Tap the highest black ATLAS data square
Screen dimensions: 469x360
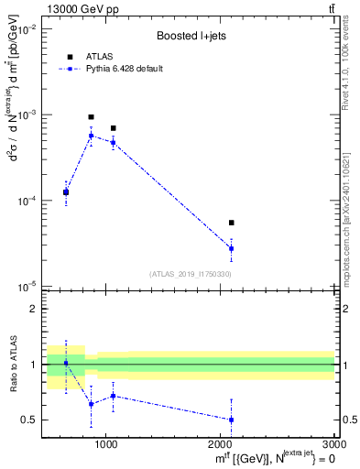(x=91, y=117)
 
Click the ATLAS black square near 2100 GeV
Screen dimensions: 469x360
(x=232, y=223)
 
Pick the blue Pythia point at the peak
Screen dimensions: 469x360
(x=91, y=136)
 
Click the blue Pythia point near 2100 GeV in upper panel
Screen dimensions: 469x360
(x=232, y=248)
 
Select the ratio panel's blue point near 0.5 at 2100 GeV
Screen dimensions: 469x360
(x=232, y=420)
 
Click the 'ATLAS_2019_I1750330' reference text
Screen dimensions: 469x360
(x=191, y=274)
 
